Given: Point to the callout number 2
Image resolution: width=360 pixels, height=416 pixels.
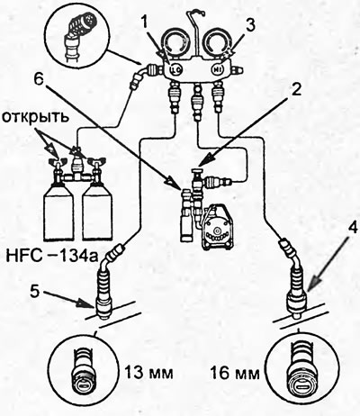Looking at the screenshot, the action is pyautogui.click(x=295, y=90).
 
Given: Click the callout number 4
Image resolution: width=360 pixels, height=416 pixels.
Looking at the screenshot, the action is pyautogui.click(x=352, y=228).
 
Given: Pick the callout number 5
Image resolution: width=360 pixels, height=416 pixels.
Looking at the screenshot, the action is pyautogui.click(x=36, y=292).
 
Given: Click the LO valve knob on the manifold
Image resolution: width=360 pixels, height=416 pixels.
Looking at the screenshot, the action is pyautogui.click(x=176, y=69).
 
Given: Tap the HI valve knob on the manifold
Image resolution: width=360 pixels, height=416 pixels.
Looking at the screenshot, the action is pyautogui.click(x=218, y=69).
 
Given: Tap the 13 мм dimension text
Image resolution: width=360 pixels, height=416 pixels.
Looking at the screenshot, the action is pyautogui.click(x=148, y=373).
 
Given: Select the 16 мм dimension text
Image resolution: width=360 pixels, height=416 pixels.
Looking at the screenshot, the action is pyautogui.click(x=235, y=373).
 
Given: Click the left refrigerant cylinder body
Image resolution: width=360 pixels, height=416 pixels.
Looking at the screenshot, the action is pyautogui.click(x=58, y=213).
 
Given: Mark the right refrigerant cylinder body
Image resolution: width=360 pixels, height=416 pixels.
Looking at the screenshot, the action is pyautogui.click(x=97, y=213).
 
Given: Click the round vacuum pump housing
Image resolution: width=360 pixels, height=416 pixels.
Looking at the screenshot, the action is pyautogui.click(x=217, y=228).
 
